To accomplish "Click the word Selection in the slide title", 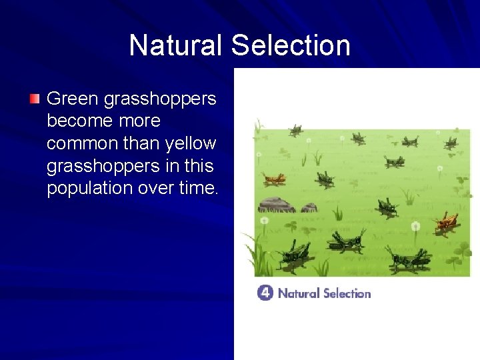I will coord(291,45).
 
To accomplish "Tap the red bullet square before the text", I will coord(35,99).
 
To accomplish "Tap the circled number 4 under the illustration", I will coord(265,293).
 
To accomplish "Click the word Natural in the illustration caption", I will coord(298,293).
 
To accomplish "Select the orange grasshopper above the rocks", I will coord(274,179).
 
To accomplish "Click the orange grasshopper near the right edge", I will coord(445,223).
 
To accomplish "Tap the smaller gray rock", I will coord(309,207).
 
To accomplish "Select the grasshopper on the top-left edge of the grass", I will coord(296,129).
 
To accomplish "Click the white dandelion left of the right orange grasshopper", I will coord(416,227).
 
